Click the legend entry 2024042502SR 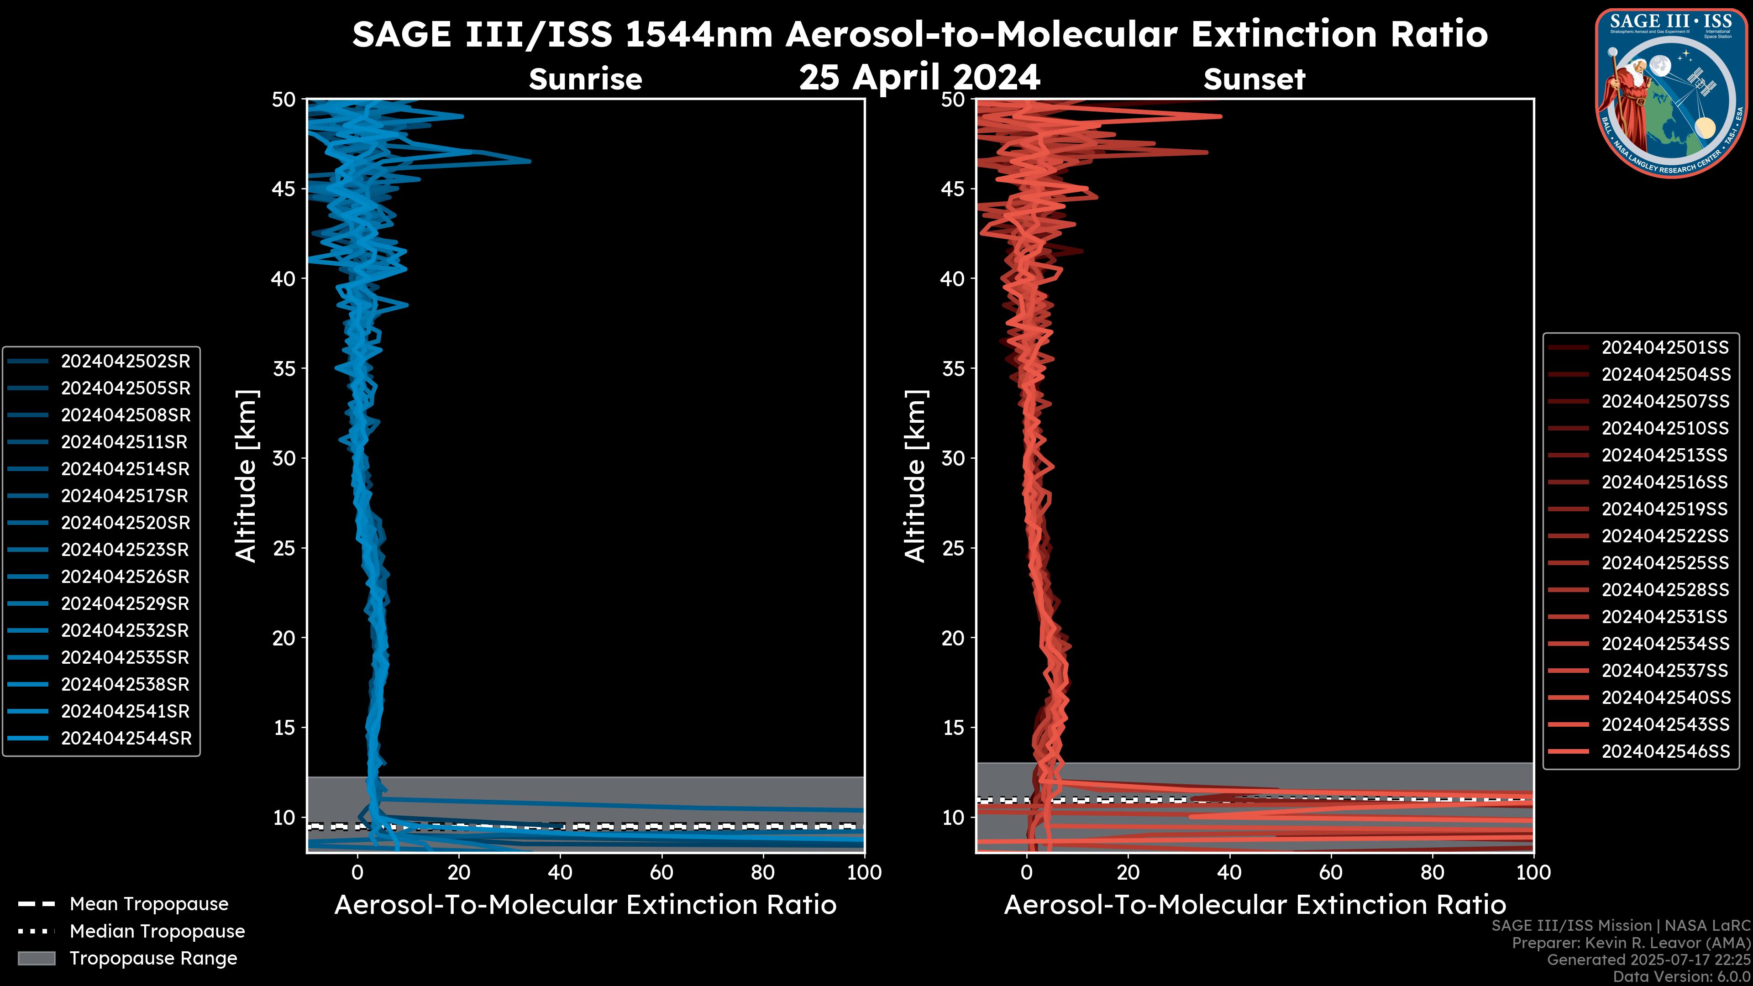click(x=125, y=362)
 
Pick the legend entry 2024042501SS click(x=1664, y=348)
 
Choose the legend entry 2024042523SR click(x=125, y=550)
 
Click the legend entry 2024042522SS click(x=1664, y=536)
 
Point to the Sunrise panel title click(x=585, y=79)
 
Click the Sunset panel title click(x=1254, y=79)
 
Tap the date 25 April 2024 click(x=919, y=77)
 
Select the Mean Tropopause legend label click(x=149, y=904)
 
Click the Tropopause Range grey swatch click(x=36, y=958)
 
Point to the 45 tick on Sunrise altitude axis click(x=284, y=189)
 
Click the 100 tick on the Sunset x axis click(x=1533, y=872)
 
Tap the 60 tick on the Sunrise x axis click(x=661, y=872)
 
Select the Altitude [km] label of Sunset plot click(x=915, y=476)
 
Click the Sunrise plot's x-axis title click(x=585, y=905)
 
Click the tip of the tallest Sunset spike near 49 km click(x=1221, y=116)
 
